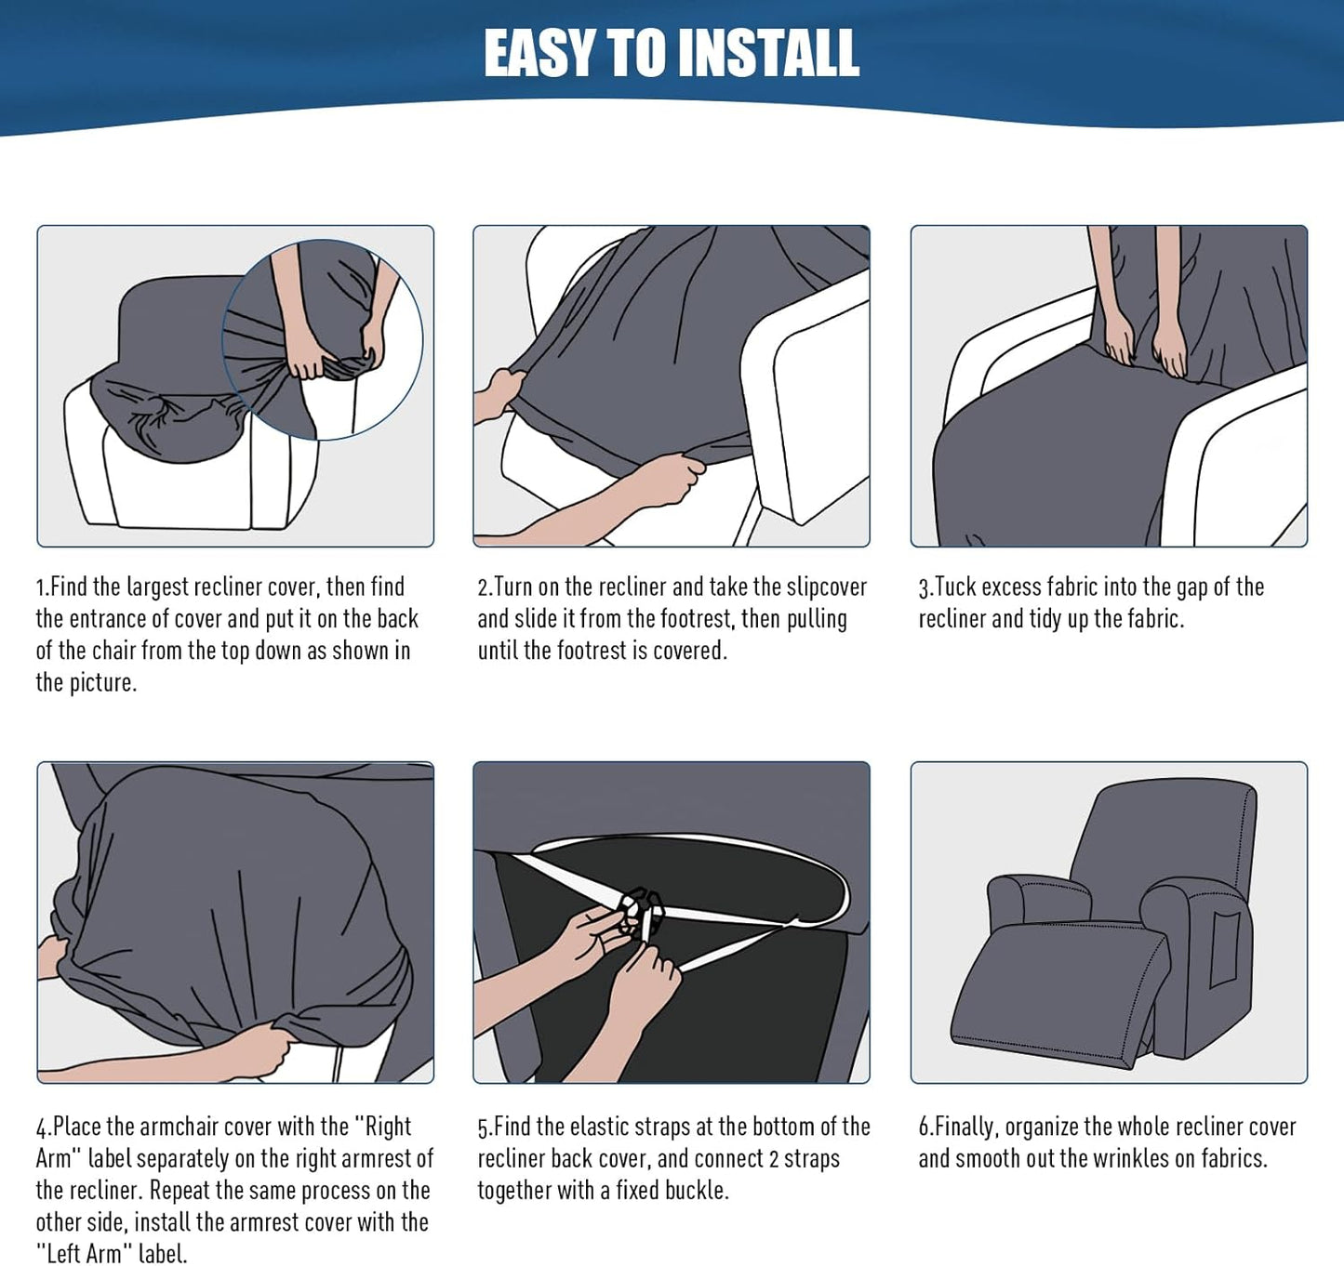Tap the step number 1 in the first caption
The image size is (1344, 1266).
click(40, 588)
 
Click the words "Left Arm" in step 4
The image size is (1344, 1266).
click(84, 1253)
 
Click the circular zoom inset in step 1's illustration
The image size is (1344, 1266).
click(323, 339)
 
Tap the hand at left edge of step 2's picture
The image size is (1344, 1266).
click(498, 395)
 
